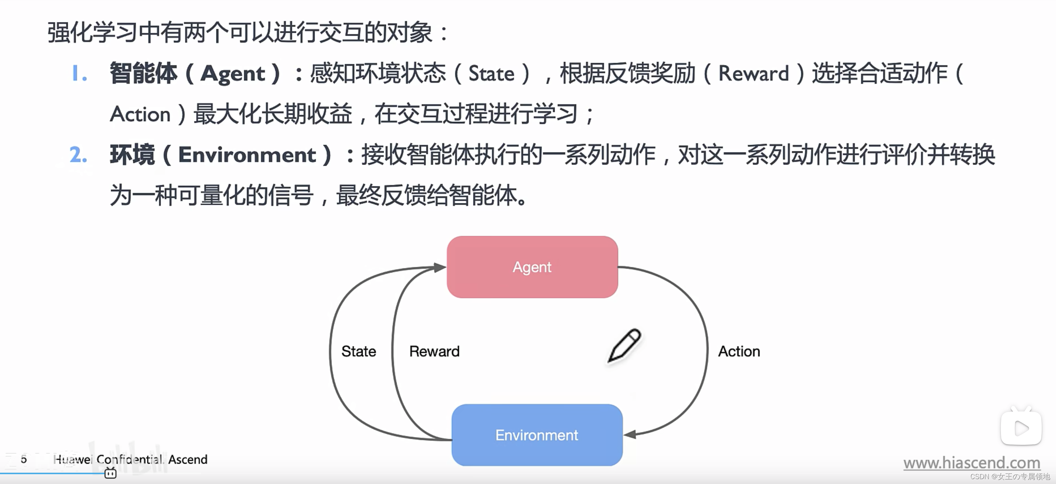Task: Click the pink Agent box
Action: [532, 267]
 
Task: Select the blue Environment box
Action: [537, 435]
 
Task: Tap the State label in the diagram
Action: [358, 351]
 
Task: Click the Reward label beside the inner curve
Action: [434, 351]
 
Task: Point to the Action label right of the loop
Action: [739, 351]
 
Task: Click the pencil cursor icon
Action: [624, 345]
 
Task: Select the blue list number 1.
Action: [79, 74]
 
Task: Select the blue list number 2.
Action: [78, 155]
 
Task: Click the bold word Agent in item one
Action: [232, 74]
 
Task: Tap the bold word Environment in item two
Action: [247, 155]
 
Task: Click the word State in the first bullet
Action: [491, 74]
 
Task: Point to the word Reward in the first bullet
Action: [753, 74]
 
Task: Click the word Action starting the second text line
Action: [140, 114]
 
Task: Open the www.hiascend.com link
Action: [971, 463]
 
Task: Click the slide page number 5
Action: [24, 459]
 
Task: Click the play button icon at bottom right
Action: [1021, 428]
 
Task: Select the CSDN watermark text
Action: [1010, 476]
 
